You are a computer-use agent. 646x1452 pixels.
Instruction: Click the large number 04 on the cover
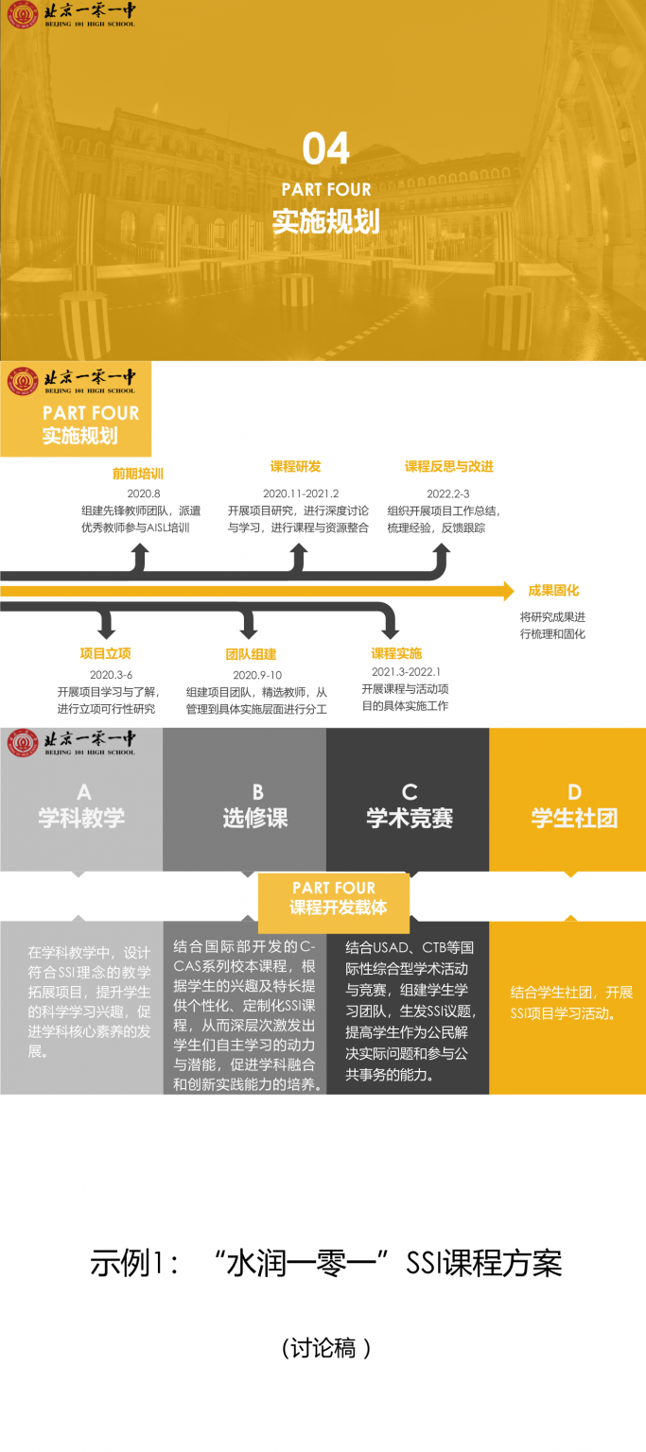326,148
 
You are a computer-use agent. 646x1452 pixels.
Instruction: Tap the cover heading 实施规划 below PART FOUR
326,221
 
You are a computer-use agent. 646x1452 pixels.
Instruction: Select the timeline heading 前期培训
138,474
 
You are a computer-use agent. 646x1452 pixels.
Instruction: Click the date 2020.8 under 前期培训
144,493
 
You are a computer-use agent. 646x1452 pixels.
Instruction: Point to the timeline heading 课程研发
296,466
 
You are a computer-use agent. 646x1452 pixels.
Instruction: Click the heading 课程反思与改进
449,466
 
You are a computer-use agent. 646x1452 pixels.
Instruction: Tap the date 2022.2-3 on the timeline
447,493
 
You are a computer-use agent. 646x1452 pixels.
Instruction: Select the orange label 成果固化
553,591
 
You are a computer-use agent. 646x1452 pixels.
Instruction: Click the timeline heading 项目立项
105,653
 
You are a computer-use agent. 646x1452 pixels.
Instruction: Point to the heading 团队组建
251,654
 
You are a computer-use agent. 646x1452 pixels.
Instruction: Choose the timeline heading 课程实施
396,653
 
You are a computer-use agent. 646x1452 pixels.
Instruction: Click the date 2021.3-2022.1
406,671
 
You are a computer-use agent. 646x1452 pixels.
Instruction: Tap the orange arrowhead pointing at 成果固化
507,591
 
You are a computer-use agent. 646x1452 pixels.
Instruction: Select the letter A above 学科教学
83,792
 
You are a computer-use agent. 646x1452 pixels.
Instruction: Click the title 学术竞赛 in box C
409,819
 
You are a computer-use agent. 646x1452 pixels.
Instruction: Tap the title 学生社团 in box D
574,819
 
